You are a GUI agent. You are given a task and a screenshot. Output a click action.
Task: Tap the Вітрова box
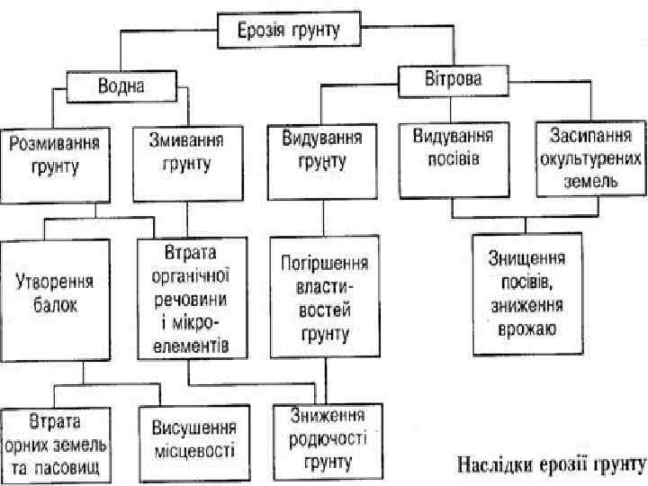pos(452,78)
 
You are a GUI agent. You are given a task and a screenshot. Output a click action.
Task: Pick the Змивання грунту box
pos(188,162)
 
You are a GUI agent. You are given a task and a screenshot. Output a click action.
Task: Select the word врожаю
pos(527,329)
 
